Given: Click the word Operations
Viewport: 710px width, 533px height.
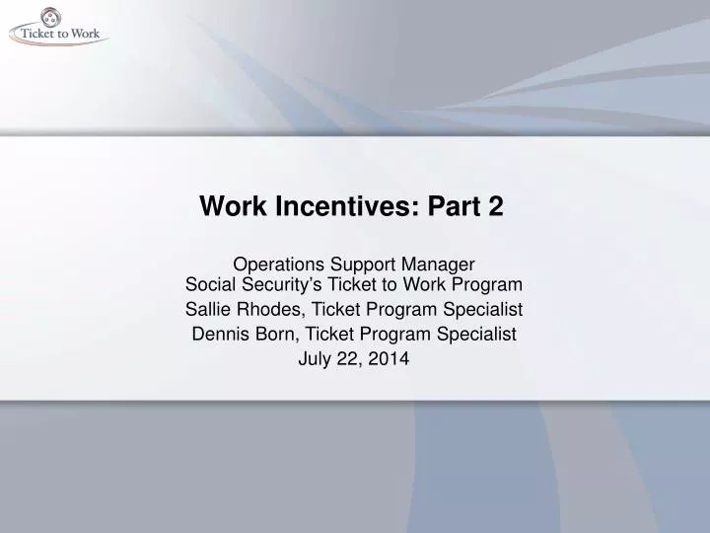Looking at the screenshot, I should [272, 265].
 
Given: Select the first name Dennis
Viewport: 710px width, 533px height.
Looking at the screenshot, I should [219, 335].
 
